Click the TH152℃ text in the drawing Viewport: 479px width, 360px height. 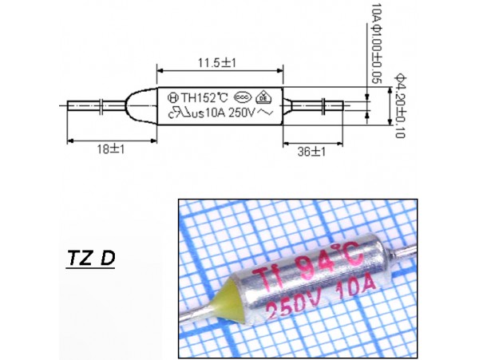pos(200,98)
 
